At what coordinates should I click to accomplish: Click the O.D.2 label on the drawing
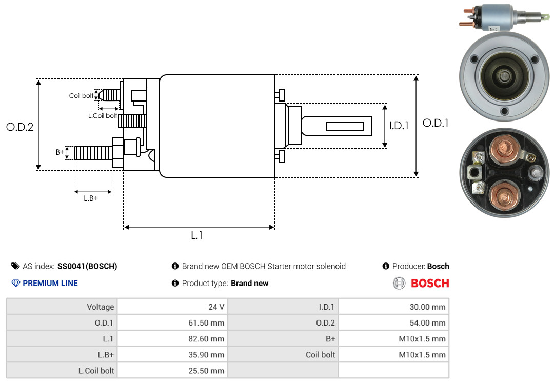(x=20, y=127)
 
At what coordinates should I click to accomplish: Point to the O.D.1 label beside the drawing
(x=436, y=123)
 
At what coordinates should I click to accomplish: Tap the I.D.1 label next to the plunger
(x=399, y=126)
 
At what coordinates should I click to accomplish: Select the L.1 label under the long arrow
(x=197, y=235)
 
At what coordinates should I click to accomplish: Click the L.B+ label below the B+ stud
(x=91, y=198)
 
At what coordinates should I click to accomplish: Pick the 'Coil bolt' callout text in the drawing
(x=81, y=96)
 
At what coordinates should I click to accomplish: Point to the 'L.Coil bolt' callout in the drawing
(x=103, y=115)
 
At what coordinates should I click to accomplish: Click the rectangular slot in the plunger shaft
(x=345, y=126)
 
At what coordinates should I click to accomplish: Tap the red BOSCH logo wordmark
(x=430, y=284)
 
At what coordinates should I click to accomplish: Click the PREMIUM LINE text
(x=50, y=284)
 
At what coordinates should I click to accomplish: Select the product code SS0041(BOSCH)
(x=87, y=266)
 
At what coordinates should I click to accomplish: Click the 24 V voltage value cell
(x=172, y=307)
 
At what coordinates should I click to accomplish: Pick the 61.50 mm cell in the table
(x=172, y=322)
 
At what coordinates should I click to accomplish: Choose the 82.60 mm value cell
(x=172, y=338)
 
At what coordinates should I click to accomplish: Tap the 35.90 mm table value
(x=172, y=354)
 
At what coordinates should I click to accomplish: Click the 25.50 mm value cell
(x=172, y=370)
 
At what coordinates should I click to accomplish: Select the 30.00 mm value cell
(x=393, y=307)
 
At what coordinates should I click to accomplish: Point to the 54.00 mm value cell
(x=393, y=322)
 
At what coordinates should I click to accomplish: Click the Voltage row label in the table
(x=101, y=307)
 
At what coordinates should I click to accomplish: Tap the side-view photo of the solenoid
(x=505, y=17)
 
